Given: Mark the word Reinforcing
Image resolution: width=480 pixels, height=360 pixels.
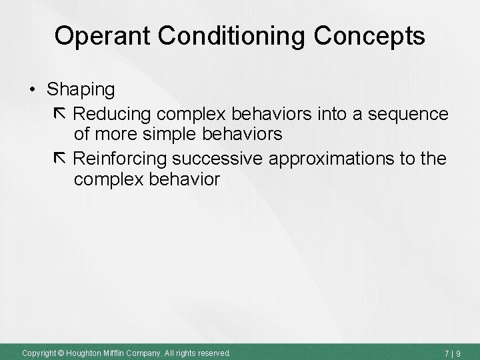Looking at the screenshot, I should pyautogui.click(x=121, y=159).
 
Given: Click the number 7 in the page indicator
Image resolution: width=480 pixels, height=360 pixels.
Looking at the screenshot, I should pyautogui.click(x=452, y=352).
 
